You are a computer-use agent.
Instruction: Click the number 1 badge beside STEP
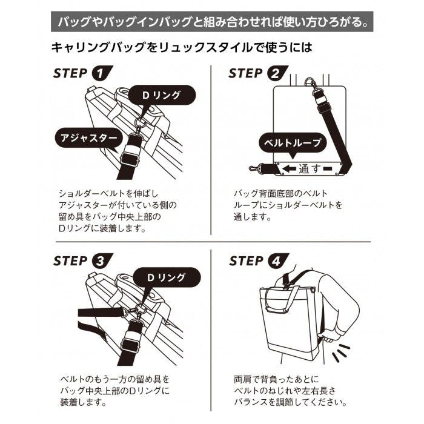tap(101, 73)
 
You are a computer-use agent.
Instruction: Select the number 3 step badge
tap(101, 261)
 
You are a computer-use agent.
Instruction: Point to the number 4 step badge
tap(277, 261)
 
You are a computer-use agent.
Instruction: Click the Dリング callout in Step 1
tap(161, 95)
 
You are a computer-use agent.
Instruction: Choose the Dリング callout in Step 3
tap(167, 277)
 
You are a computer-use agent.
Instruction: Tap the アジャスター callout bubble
tap(89, 138)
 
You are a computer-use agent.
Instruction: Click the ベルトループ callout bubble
tap(293, 143)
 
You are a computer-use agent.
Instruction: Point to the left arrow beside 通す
tap(289, 169)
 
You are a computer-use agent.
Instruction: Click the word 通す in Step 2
tap(310, 169)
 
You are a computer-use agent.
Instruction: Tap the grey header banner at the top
tap(212, 22)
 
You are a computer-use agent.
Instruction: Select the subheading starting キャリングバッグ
tap(182, 48)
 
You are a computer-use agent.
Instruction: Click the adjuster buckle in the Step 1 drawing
tap(130, 160)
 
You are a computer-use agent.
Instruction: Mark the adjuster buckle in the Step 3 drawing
tap(131, 343)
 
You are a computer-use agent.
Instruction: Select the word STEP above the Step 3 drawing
tap(70, 261)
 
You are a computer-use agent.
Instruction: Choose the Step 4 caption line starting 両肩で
tap(276, 379)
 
